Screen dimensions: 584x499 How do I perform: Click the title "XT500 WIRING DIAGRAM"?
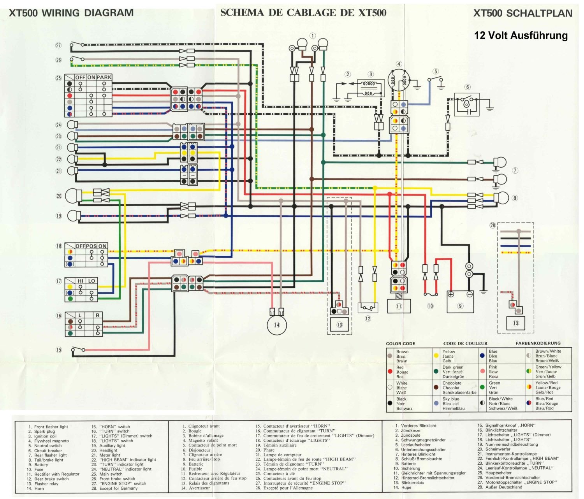coord(71,13)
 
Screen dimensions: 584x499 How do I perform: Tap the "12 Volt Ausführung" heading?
coord(521,35)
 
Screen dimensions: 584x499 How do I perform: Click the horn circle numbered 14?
coord(276,325)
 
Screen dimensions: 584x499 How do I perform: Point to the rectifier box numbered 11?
coord(399,306)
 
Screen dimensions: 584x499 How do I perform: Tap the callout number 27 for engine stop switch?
coord(58,46)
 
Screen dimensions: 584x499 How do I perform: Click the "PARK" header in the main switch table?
coord(104,77)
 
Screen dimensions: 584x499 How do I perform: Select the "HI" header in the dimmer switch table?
coord(81,281)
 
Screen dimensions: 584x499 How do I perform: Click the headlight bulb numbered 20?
coord(74,196)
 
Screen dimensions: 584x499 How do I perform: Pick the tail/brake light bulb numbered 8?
coord(501,198)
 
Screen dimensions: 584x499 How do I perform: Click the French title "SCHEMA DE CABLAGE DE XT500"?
coord(303,13)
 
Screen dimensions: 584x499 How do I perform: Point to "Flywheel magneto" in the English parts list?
coord(51,441)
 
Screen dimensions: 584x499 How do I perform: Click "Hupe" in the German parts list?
coord(406,487)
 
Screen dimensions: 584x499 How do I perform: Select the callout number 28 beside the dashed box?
coord(493,225)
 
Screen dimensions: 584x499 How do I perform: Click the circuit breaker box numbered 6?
coord(467,104)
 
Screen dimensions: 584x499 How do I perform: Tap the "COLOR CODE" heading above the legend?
coord(400,344)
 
